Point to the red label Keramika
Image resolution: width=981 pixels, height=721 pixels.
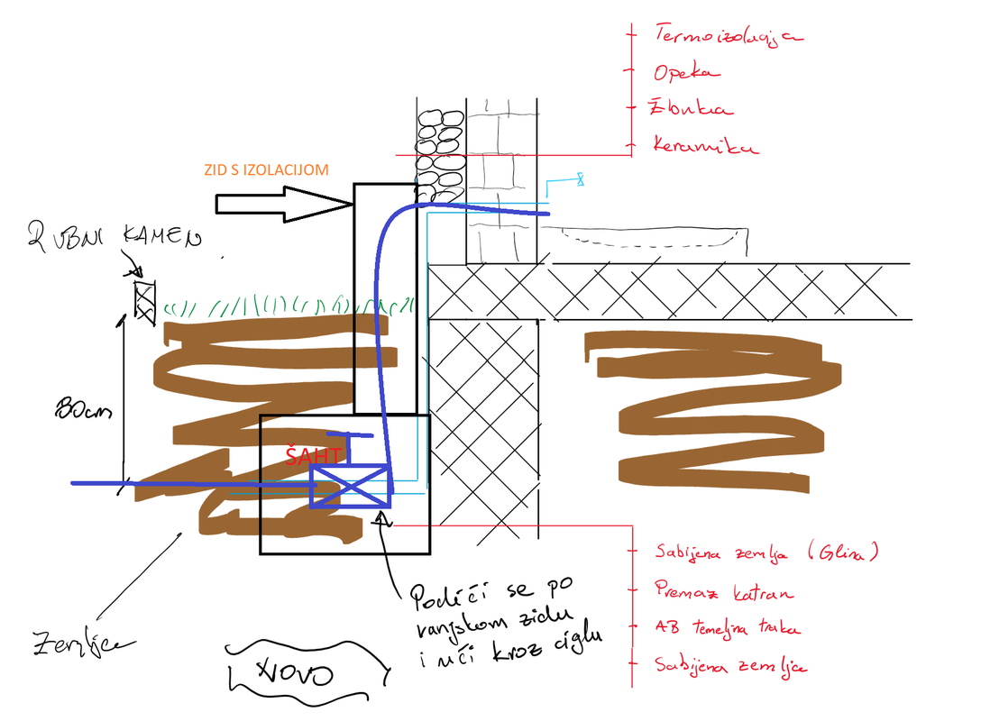tap(706, 145)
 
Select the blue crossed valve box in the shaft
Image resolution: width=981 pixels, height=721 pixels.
tap(350, 487)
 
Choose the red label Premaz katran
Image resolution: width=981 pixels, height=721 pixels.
tap(724, 592)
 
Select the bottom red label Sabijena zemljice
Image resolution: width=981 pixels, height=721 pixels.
tap(731, 666)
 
